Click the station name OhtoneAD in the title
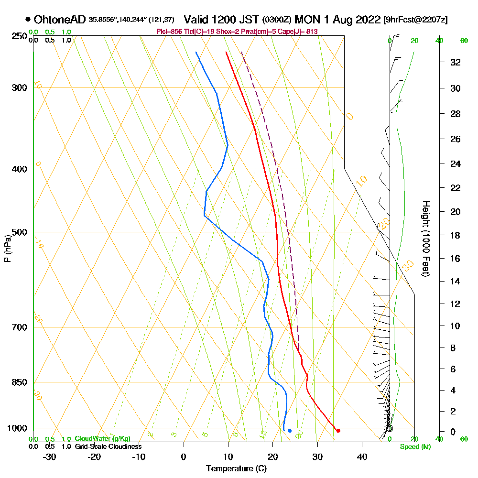point(60,20)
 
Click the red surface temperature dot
point(338,431)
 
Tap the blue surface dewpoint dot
point(290,431)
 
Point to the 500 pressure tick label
point(19,232)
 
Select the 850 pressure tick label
point(19,382)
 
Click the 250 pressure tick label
point(19,36)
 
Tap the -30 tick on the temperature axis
point(50,456)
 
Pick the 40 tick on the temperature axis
point(362,456)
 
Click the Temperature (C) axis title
point(236,469)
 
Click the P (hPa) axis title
point(7,248)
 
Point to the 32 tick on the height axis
point(456,62)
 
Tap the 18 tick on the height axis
point(456,235)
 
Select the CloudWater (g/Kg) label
point(102,439)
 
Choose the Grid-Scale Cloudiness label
point(108,446)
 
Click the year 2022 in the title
point(363,20)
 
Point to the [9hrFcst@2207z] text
point(416,20)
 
